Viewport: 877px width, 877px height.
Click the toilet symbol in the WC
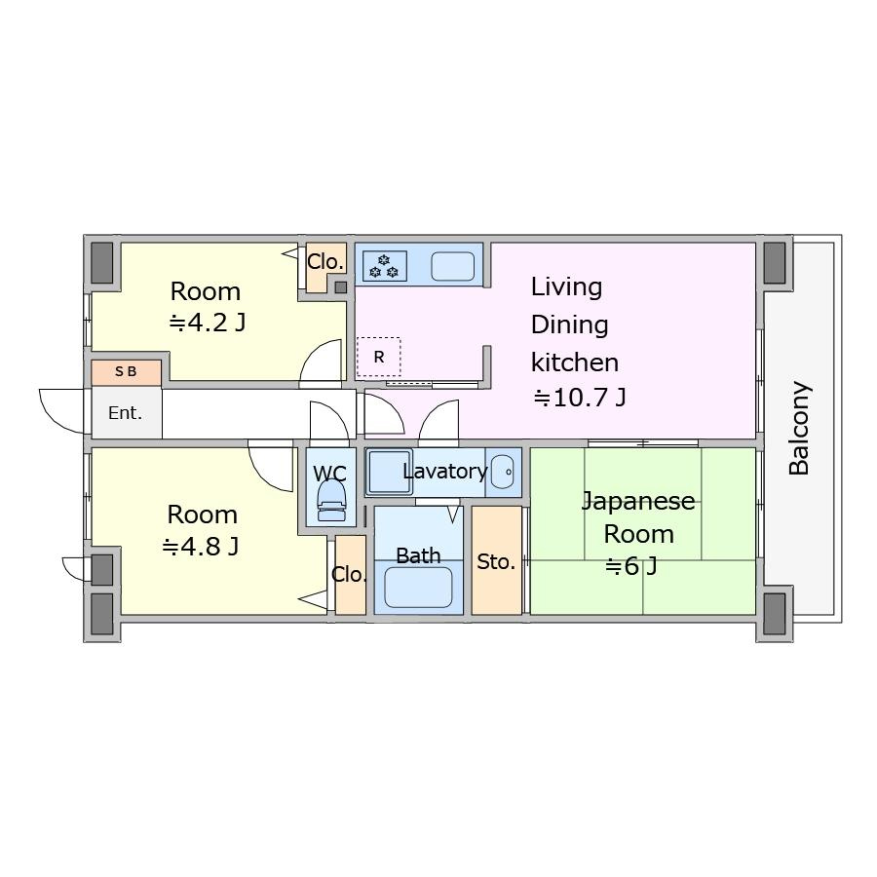[331, 501]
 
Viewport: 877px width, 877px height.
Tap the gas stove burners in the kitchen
[384, 266]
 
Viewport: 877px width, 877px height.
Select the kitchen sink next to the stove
[452, 266]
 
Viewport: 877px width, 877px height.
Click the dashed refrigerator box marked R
[379, 357]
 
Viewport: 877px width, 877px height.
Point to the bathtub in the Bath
[418, 588]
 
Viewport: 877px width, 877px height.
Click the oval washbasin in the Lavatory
[502, 472]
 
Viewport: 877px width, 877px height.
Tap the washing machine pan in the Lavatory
[389, 472]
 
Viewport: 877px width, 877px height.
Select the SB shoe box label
[126, 371]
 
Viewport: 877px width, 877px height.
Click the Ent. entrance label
[126, 413]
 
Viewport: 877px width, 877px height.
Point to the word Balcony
[799, 429]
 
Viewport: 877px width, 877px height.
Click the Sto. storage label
[496, 561]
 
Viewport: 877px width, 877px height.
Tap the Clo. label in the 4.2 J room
[324, 262]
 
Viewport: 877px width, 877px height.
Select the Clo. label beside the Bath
[349, 574]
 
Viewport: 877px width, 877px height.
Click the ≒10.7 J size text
[580, 398]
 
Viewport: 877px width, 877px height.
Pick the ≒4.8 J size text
[201, 547]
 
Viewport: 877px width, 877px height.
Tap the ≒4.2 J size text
[208, 323]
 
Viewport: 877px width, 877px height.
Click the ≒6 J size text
[631, 566]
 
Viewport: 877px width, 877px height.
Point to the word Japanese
[638, 501]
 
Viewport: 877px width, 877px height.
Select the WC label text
[330, 474]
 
